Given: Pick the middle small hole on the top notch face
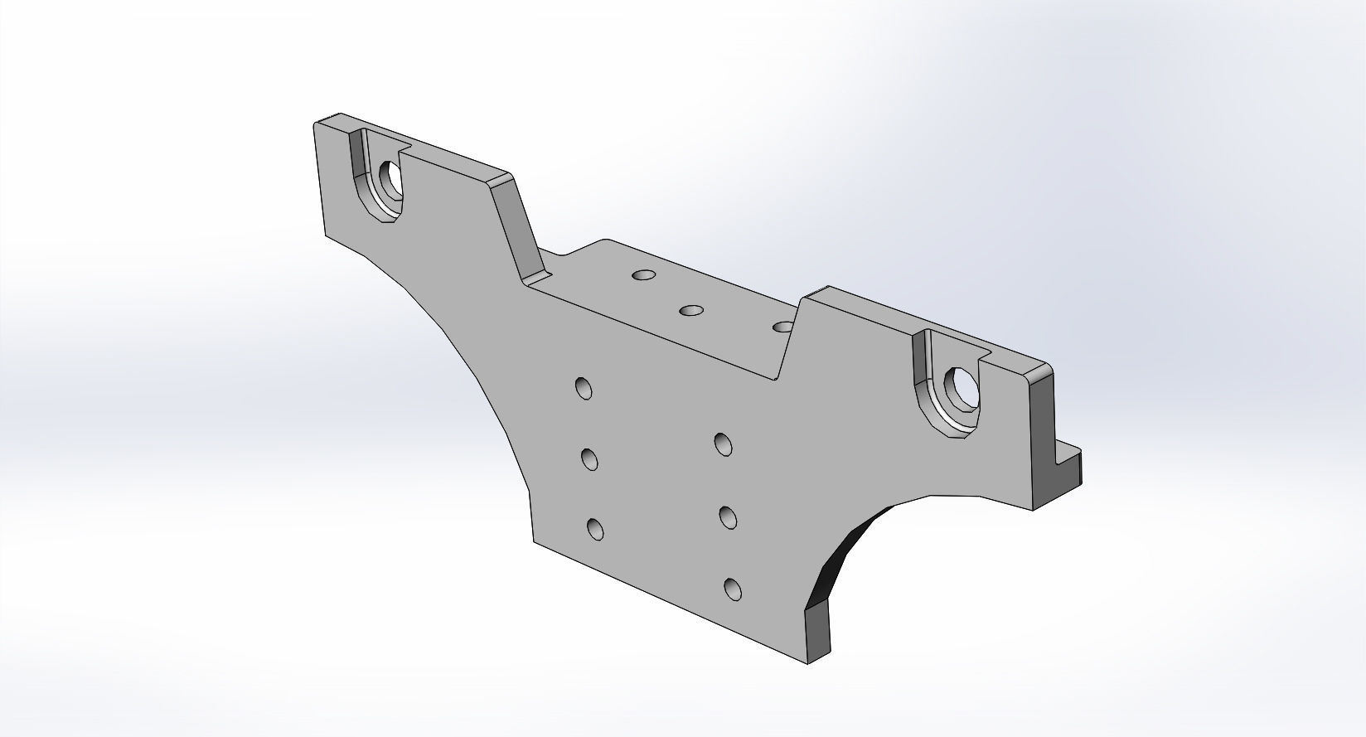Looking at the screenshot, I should click(x=690, y=311).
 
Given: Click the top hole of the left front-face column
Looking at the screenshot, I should click(x=584, y=388).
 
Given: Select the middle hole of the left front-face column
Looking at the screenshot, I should click(x=590, y=458).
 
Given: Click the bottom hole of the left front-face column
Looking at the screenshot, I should click(x=594, y=529).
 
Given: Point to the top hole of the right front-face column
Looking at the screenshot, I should click(x=723, y=444).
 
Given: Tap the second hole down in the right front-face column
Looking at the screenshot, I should click(x=729, y=518).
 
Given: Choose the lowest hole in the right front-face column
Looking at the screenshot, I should click(x=733, y=589).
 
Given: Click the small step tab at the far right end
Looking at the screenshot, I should click(x=1069, y=464).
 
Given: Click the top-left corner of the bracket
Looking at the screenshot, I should click(x=316, y=124).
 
